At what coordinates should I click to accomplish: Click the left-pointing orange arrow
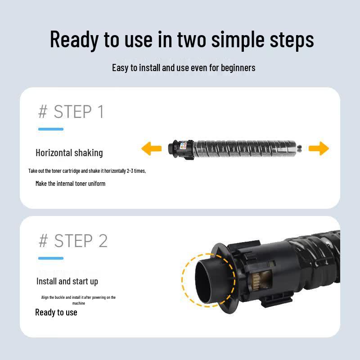[x=151, y=148]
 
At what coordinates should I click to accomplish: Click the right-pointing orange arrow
[x=319, y=148]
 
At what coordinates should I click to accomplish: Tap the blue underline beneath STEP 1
[x=51, y=129]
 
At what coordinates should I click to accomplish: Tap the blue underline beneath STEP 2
[x=51, y=258]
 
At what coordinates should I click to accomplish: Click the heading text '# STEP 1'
[x=71, y=112]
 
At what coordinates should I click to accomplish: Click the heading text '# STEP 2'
[x=73, y=241]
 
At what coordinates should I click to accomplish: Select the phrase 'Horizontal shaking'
[x=69, y=153]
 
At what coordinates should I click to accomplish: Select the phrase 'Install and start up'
[x=67, y=281]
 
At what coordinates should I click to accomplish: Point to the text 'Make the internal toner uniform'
[x=71, y=184]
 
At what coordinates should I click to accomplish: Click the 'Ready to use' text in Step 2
[x=56, y=312]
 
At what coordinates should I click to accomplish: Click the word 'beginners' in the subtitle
[x=238, y=68]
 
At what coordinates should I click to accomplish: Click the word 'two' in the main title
[x=192, y=40]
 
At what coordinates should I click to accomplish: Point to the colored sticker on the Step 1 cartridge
[x=183, y=145]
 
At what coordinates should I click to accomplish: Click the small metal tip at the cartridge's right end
[x=299, y=148]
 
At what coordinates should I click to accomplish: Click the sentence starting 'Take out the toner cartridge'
[x=87, y=171]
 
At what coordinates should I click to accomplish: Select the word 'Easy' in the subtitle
[x=120, y=68]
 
